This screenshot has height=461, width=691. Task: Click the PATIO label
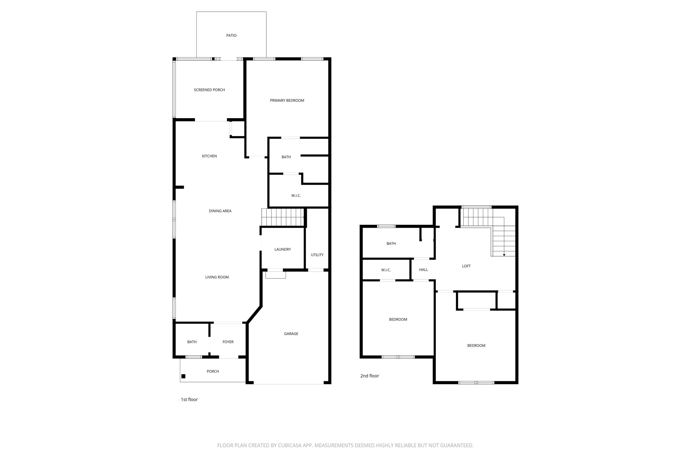231,35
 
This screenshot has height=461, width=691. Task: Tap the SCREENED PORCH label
209,90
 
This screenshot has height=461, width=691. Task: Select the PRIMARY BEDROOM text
287,100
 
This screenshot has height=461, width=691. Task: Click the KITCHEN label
209,156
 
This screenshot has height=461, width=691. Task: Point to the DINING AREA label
220,211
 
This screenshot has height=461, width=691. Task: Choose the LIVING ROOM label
217,277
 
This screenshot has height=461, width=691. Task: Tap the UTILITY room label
317,255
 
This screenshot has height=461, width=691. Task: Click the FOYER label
228,342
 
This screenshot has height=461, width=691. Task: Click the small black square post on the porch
183,376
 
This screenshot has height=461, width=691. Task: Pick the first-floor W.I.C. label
296,195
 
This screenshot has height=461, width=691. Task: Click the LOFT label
466,266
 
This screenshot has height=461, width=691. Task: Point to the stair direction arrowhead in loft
504,255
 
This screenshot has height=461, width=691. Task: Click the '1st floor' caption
189,399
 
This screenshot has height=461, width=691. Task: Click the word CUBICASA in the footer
290,445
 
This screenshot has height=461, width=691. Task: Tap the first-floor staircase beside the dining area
282,217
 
